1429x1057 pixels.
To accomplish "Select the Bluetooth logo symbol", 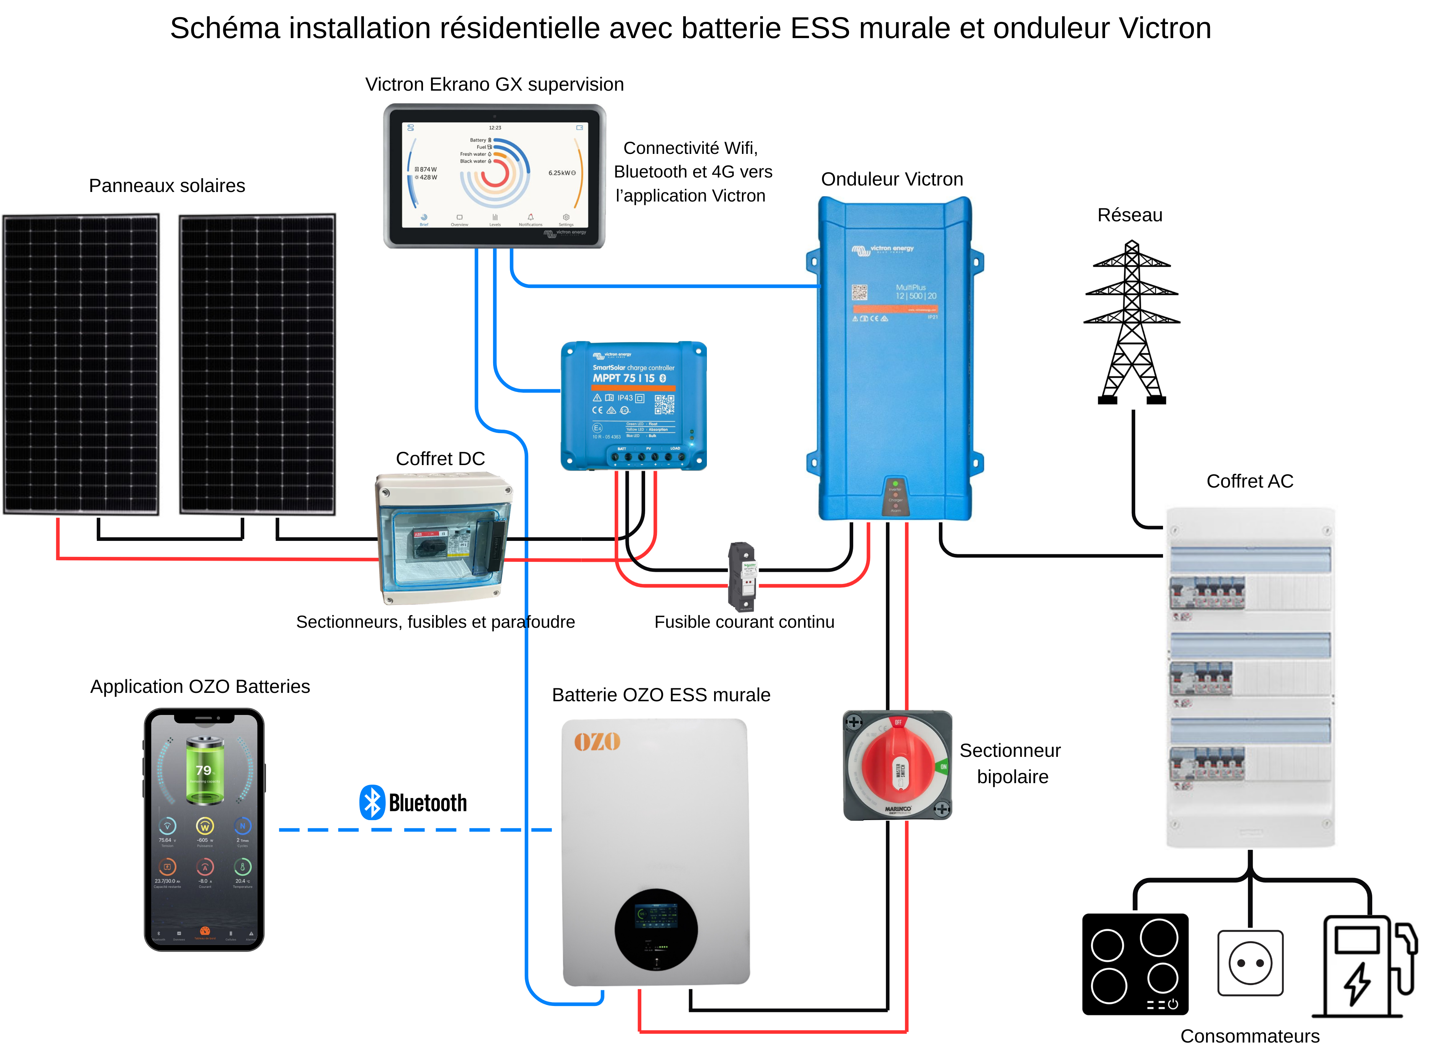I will pos(372,802).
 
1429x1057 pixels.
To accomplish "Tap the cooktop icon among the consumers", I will pos(1134,964).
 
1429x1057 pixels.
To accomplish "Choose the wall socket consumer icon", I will pos(1250,963).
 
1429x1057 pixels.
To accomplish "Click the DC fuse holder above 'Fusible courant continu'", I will pos(742,576).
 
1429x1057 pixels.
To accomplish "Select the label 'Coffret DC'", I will pos(440,459).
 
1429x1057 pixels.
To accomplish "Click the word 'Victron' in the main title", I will pos(1164,29).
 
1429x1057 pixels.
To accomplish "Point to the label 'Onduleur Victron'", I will pos(891,179).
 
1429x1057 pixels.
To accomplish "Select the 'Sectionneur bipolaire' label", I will pos(1011,763).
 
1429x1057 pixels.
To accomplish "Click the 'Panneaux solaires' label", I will pos(167,185).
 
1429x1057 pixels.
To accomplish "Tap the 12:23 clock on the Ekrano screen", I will pos(495,128).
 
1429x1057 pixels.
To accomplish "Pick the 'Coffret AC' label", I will pos(1249,481).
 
